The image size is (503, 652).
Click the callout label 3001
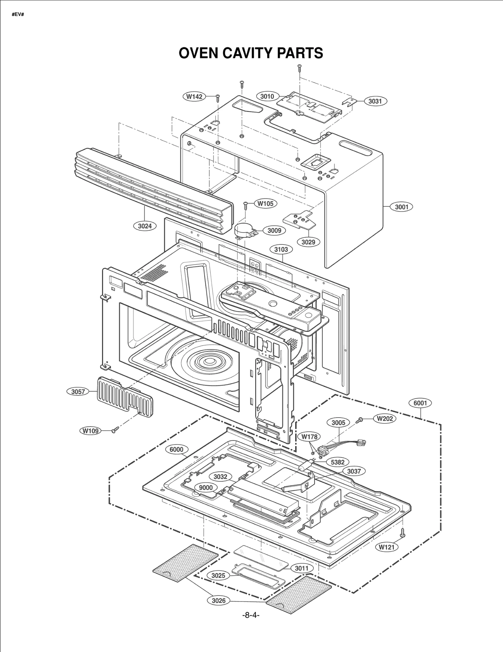(x=401, y=207)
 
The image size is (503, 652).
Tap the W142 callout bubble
(x=194, y=97)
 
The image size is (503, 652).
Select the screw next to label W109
(x=115, y=429)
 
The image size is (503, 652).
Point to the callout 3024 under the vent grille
(x=145, y=226)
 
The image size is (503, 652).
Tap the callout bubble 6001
(x=420, y=403)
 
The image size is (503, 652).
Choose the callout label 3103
(x=281, y=249)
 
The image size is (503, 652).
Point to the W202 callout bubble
(x=385, y=419)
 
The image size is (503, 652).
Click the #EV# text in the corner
(x=18, y=15)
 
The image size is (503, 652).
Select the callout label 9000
(x=206, y=488)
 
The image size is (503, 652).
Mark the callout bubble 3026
(x=218, y=600)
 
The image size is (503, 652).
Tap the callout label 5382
(x=338, y=462)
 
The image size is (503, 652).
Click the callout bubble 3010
(x=267, y=96)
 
